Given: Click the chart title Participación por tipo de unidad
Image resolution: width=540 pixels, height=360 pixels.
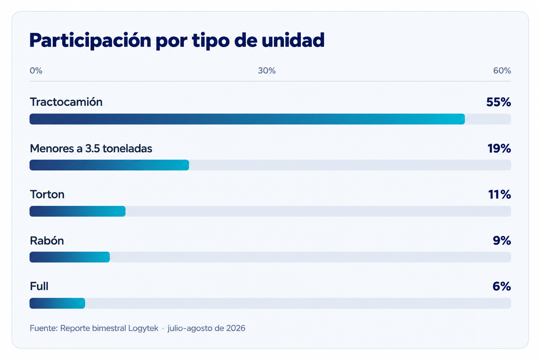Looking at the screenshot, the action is (x=177, y=40).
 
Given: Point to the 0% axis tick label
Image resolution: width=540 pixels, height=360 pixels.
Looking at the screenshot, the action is (x=36, y=71).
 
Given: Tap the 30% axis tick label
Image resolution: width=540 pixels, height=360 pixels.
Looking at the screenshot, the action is (x=266, y=71).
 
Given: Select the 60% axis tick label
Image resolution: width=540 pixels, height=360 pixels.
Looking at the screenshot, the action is (x=502, y=71).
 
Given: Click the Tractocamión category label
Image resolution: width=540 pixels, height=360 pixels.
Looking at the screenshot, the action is (x=66, y=102).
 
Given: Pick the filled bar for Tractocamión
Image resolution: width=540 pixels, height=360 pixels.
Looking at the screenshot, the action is (x=247, y=119).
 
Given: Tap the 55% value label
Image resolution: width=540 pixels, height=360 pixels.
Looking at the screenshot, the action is (x=499, y=102).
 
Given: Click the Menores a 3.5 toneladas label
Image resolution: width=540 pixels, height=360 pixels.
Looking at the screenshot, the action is (x=91, y=148).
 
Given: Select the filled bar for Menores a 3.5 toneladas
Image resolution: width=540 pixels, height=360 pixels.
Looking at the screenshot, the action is (x=109, y=165).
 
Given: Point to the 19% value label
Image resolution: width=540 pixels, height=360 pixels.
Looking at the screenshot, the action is (x=499, y=148).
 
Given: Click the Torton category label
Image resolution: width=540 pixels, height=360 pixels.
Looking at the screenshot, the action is (x=47, y=194).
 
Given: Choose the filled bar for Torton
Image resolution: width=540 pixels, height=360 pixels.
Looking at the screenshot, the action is (x=77, y=211).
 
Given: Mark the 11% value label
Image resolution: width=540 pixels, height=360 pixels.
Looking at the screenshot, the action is (x=500, y=194).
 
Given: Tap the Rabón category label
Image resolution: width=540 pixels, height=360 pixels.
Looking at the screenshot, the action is (x=47, y=240).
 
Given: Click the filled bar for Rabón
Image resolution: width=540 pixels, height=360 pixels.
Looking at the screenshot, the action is (x=70, y=257).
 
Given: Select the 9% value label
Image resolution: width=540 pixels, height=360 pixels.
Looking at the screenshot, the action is (x=502, y=240).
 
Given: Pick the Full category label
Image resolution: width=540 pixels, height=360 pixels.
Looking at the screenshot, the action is (x=39, y=286).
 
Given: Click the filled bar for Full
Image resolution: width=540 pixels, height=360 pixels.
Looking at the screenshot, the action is (x=57, y=303).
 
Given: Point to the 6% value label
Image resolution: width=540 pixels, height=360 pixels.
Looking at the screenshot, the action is (x=502, y=286).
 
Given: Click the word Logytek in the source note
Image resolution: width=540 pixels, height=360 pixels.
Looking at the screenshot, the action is (x=143, y=328).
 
